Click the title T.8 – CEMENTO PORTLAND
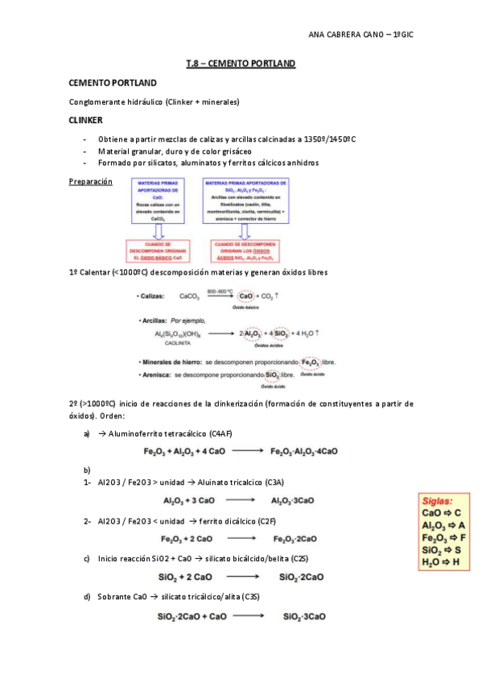(241, 63)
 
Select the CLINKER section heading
(86, 120)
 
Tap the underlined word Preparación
(90, 183)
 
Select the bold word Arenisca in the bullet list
(154, 375)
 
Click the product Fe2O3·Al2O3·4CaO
(305, 451)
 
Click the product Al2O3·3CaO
(294, 501)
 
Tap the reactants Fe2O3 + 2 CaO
(187, 539)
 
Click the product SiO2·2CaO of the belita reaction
(302, 577)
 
